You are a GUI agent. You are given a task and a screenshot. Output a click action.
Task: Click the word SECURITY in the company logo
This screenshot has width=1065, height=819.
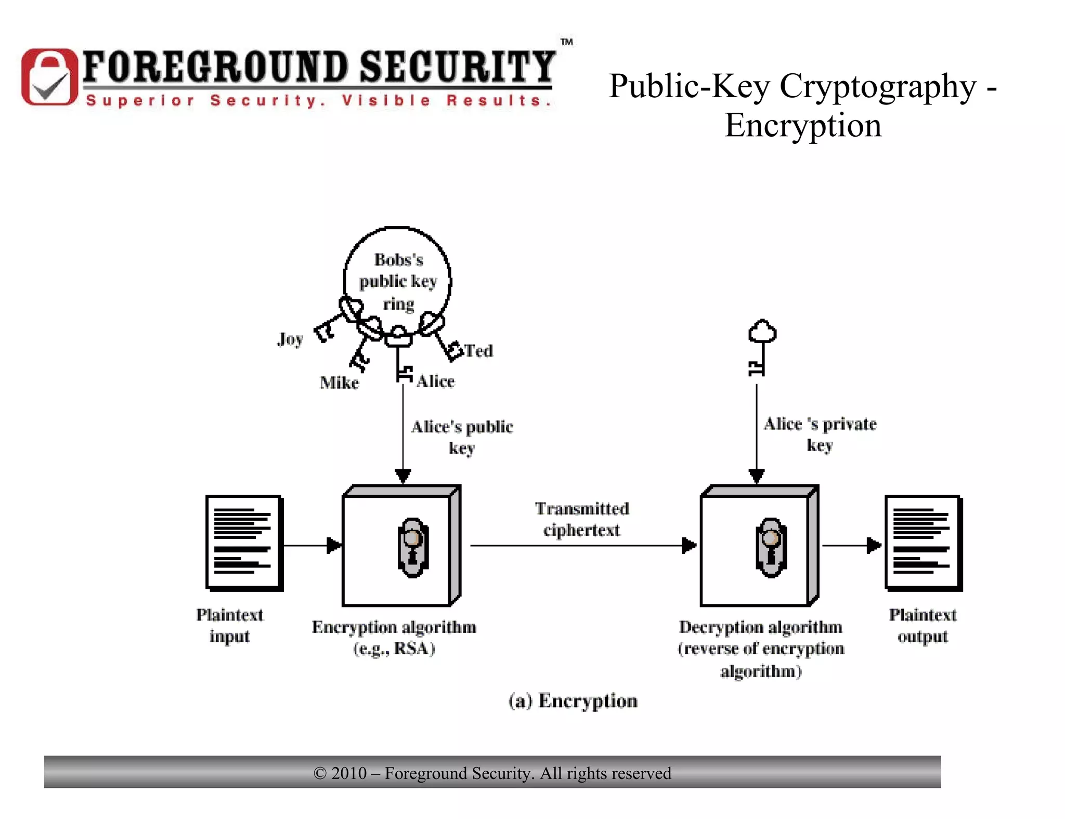458,68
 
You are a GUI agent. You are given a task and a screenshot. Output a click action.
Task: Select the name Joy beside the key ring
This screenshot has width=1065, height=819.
290,339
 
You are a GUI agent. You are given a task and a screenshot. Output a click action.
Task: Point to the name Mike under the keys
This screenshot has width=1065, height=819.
339,383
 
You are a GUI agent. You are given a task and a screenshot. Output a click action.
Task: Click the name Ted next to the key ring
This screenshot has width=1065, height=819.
478,351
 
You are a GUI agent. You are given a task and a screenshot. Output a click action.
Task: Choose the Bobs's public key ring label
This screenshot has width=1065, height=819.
398,281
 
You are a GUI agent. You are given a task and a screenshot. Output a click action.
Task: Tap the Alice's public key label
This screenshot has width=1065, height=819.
462,437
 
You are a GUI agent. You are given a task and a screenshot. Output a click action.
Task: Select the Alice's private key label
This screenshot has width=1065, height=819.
820,434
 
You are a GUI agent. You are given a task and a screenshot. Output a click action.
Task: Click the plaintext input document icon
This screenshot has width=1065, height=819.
244,543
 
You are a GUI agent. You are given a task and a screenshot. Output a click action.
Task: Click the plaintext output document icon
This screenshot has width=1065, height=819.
923,543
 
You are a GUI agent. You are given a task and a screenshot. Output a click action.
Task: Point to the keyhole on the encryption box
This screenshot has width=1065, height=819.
413,547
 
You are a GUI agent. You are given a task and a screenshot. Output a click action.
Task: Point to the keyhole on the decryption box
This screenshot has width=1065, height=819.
771,547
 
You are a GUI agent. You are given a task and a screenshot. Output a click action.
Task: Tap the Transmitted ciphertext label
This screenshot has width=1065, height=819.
582,519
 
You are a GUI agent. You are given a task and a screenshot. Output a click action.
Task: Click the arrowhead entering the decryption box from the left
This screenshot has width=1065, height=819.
689,546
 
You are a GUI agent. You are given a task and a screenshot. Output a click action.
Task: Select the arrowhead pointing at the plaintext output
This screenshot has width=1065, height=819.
874,546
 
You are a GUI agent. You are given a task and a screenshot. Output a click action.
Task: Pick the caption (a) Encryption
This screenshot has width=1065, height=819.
573,701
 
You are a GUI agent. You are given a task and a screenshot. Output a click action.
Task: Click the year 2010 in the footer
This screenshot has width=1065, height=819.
349,773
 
